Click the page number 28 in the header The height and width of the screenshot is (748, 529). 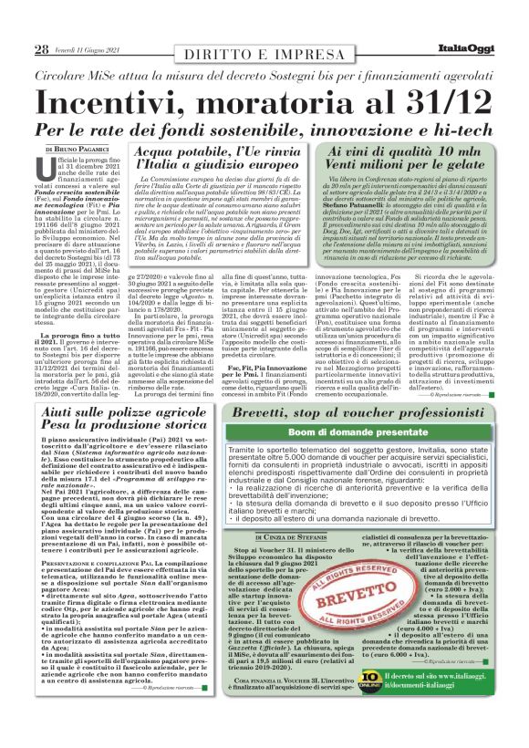[x=41, y=48]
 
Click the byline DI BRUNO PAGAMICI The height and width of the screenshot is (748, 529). [x=77, y=148]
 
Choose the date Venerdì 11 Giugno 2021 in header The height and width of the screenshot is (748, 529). [x=87, y=49]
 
